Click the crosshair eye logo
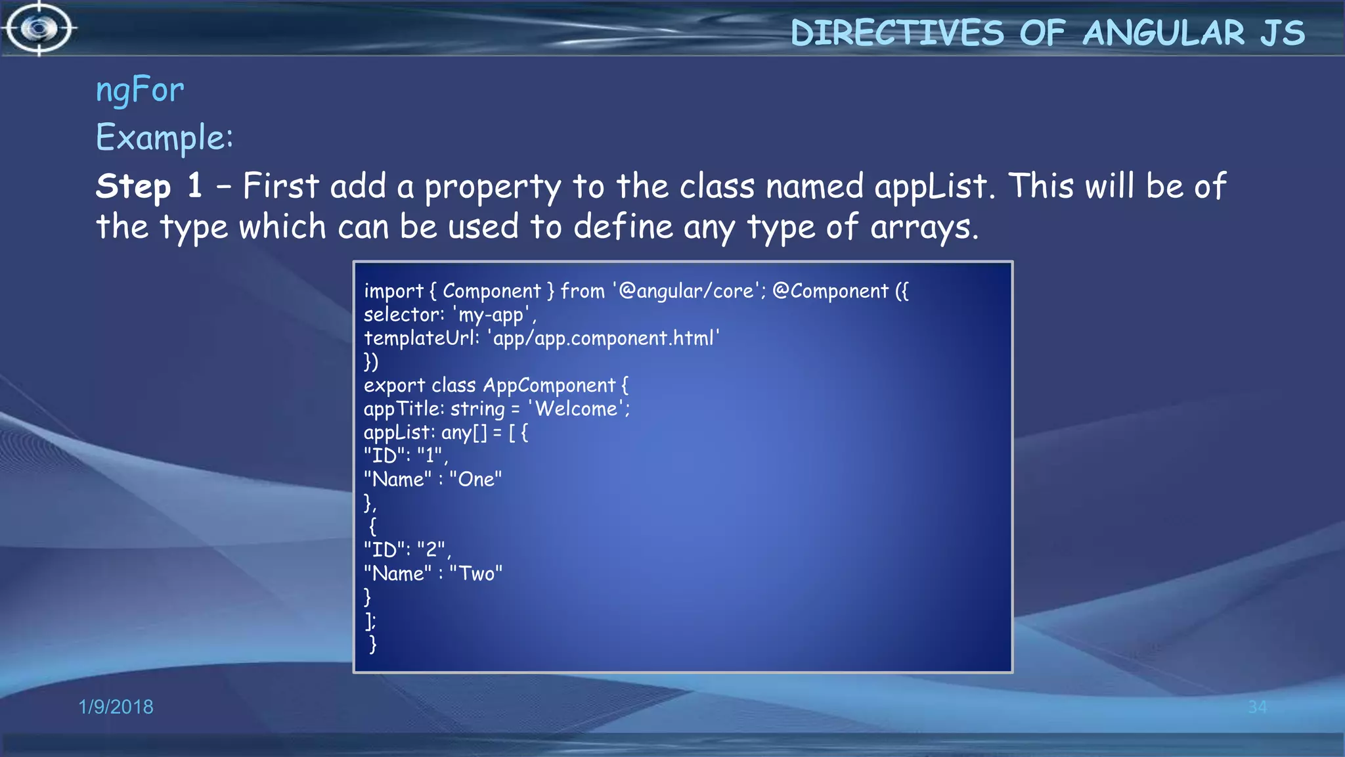tap(39, 28)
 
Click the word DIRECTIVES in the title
tap(897, 33)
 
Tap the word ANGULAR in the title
tap(1163, 33)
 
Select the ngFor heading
tap(140, 90)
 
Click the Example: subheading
tap(164, 138)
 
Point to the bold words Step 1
tap(149, 186)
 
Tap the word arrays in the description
tap(923, 227)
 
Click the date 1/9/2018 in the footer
tap(116, 706)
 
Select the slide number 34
tap(1257, 707)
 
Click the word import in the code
tap(393, 291)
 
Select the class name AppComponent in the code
tap(549, 386)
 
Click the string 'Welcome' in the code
tap(577, 409)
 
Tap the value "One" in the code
tap(475, 480)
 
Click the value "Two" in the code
tap(476, 574)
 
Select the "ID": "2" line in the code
tap(405, 550)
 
